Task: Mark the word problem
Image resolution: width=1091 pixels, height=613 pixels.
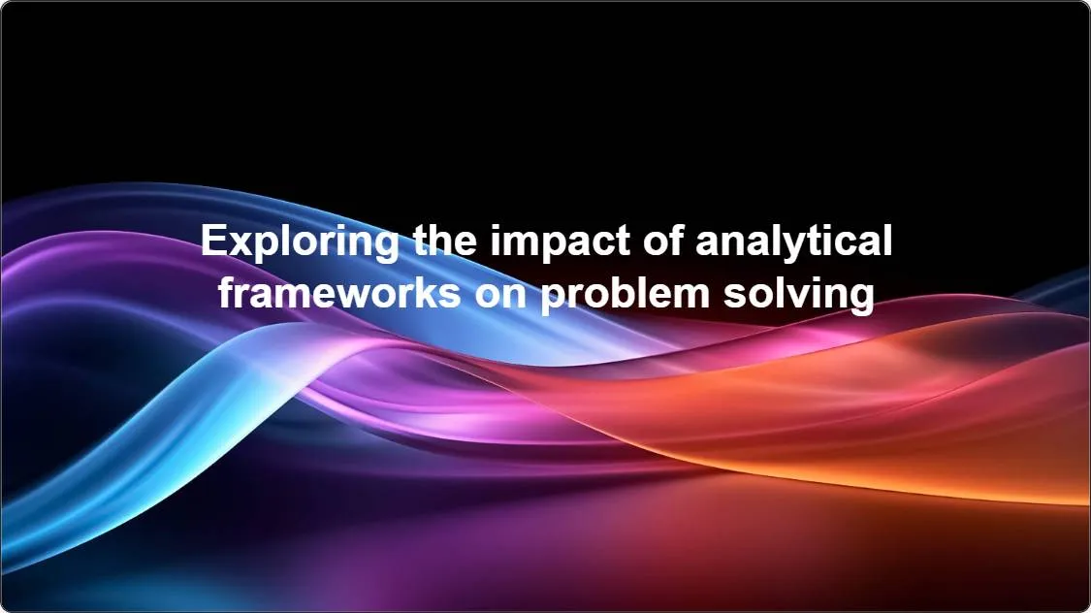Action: click(x=624, y=293)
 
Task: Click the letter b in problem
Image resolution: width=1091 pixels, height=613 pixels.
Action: click(x=617, y=291)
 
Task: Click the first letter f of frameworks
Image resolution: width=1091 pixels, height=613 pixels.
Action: click(x=226, y=290)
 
